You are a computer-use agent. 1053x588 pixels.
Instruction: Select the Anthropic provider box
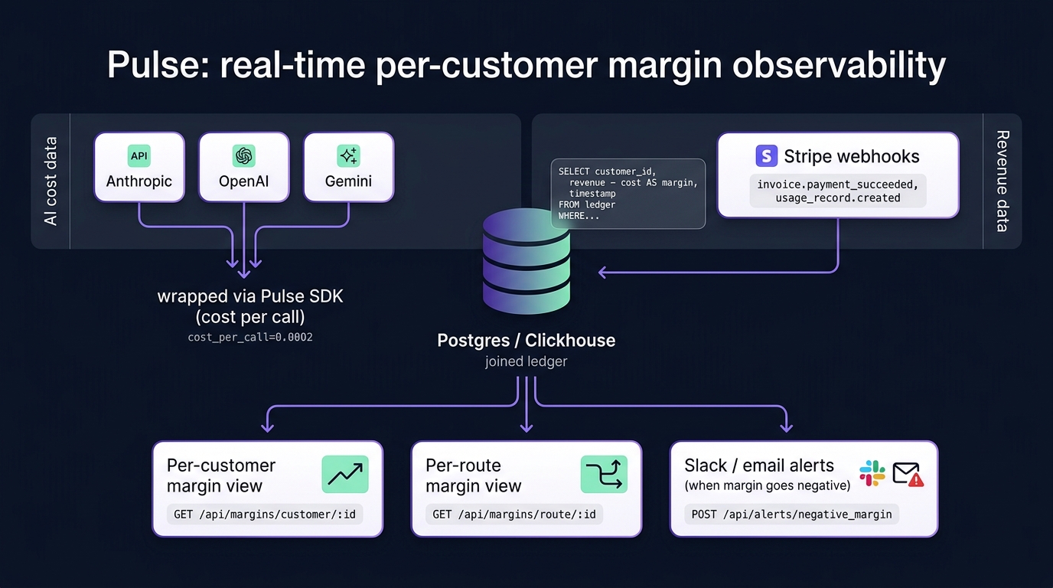(139, 168)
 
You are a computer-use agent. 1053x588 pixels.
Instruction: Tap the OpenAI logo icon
(243, 155)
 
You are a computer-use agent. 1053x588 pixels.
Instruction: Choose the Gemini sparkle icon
(348, 155)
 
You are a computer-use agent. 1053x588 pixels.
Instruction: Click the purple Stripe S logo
(766, 156)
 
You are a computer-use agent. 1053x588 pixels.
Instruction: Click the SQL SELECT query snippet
(628, 194)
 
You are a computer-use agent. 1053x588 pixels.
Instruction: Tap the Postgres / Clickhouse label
(526, 340)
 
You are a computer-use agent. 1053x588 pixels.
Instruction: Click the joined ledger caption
(526, 361)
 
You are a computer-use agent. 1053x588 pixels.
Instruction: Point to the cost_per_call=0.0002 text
(250, 337)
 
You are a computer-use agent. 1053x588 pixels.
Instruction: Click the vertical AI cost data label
(51, 181)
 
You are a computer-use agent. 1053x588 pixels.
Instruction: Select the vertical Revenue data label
(1002, 181)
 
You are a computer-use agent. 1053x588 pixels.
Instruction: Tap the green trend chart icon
(345, 475)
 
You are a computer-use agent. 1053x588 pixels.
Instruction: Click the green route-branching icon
(604, 475)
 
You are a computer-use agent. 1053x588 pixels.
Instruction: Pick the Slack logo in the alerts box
(872, 473)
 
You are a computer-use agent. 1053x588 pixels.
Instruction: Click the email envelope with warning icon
(908, 474)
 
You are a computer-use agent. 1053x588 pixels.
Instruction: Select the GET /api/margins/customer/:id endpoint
(265, 514)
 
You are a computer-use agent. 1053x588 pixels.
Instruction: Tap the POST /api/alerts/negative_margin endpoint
(791, 514)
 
